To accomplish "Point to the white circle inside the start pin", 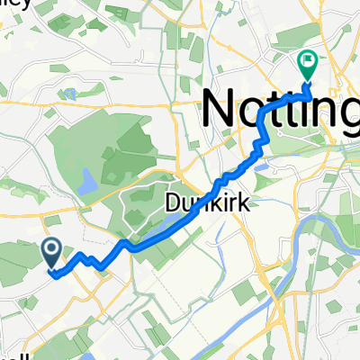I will coord(50,247).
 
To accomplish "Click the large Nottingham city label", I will coord(279,108).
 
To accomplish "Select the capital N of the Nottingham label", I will coord(220,108).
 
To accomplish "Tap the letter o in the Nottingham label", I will coord(257,112).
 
